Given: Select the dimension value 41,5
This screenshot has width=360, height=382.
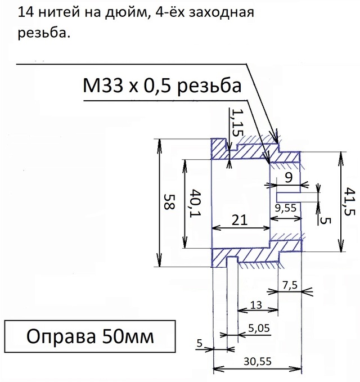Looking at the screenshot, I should coord(349,201).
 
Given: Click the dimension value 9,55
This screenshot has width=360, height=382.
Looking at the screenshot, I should coord(286,208).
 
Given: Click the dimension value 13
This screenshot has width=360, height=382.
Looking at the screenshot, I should coord(256,305).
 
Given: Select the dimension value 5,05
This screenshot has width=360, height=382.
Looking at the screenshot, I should coord(257,328).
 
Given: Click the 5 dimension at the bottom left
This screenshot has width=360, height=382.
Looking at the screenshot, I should coord(200,343).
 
